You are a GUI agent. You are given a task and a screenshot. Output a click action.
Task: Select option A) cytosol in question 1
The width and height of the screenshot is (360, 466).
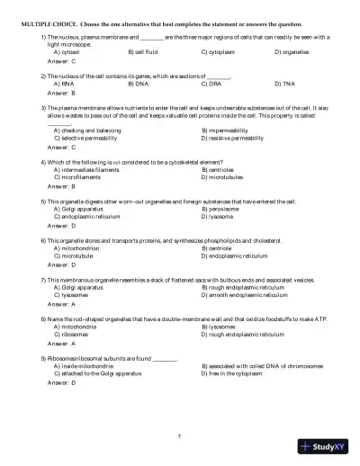click(67, 53)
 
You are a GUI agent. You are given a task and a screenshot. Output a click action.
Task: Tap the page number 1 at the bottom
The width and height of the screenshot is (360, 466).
click(180, 437)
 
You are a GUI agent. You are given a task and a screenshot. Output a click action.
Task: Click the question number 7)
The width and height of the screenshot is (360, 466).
click(44, 280)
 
